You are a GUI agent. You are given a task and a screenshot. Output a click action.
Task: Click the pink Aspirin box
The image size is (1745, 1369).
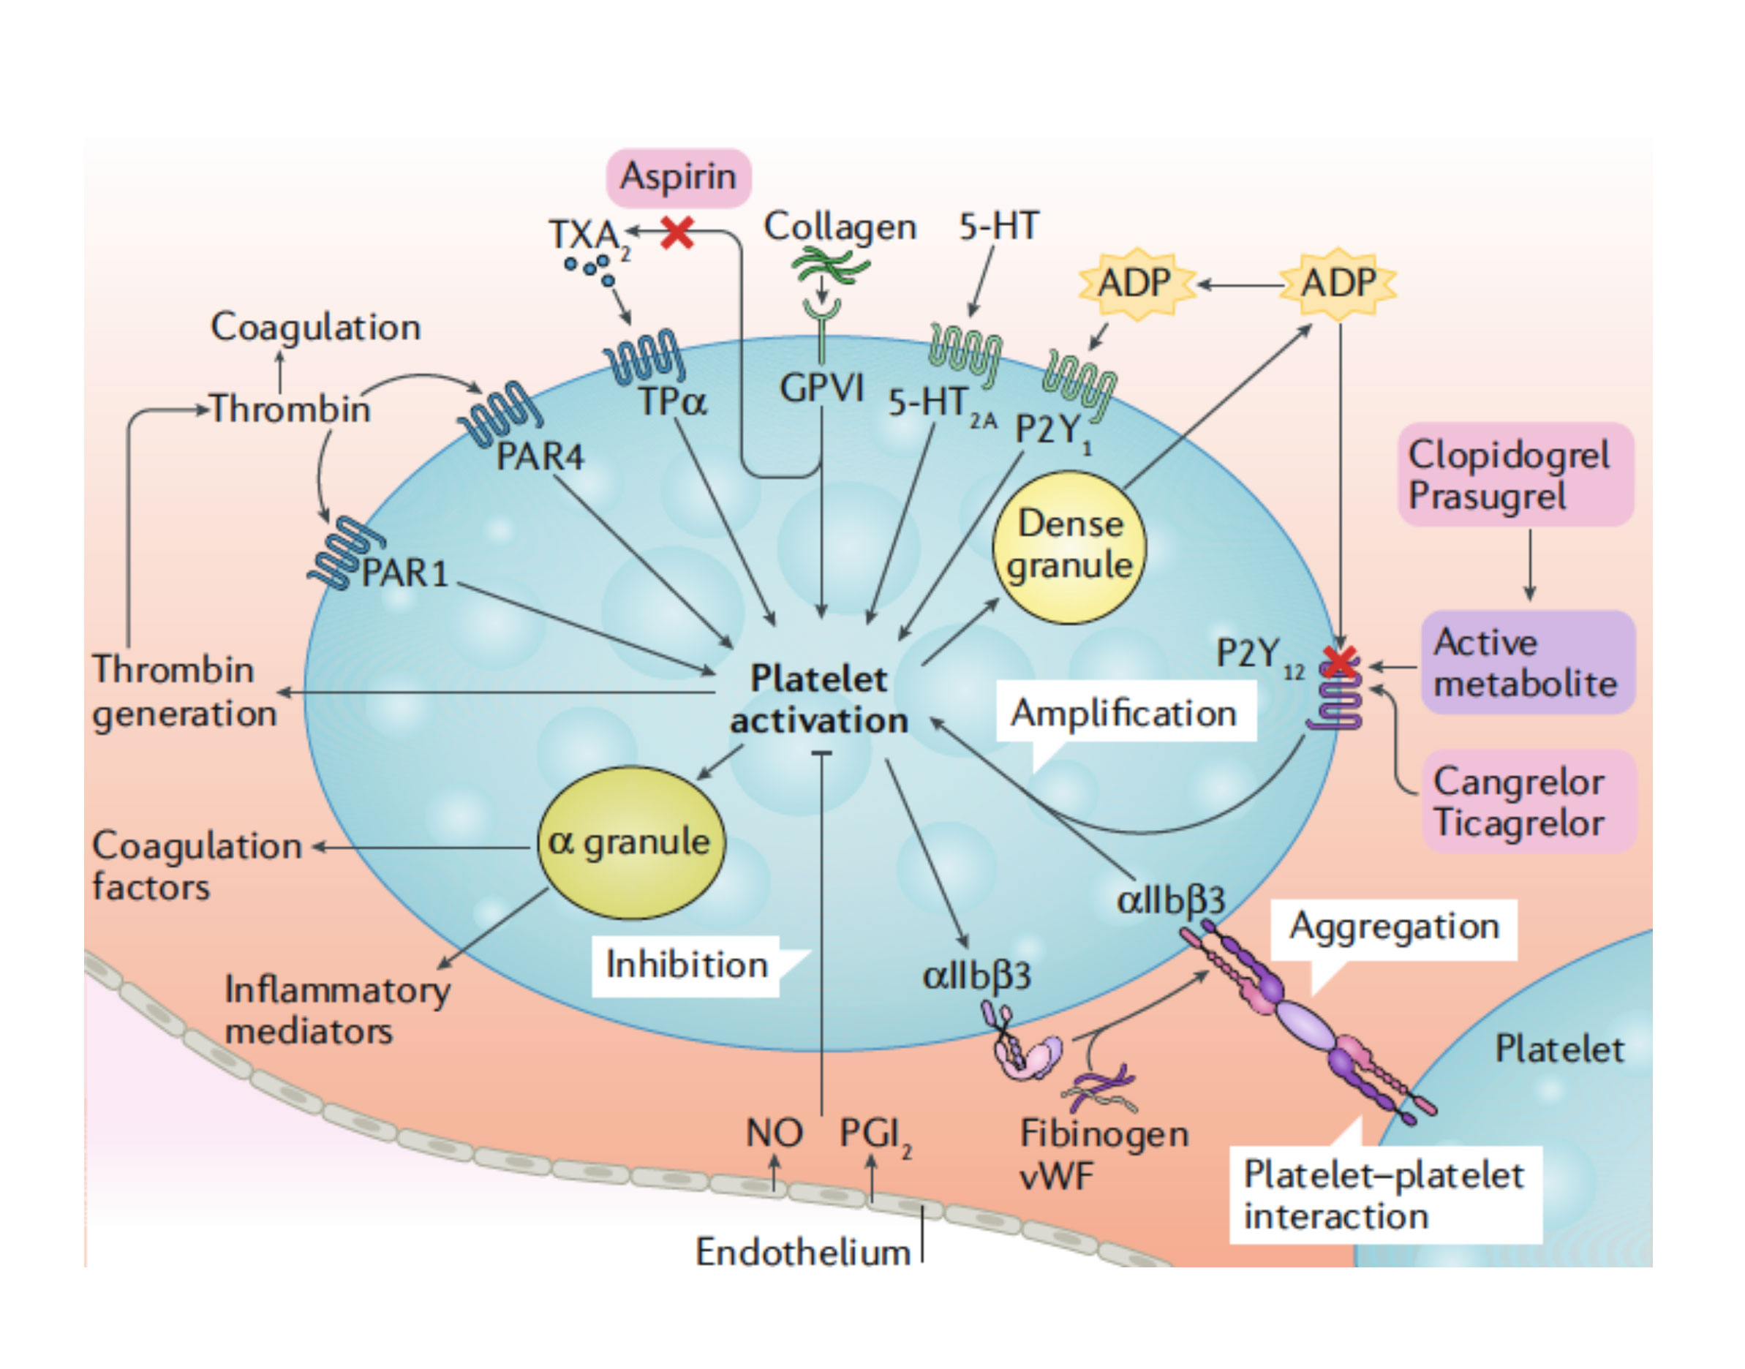pos(678,177)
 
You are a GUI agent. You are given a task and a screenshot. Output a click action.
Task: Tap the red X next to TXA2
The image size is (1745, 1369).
pos(677,233)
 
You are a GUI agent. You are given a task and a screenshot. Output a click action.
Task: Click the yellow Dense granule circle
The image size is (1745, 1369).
pos(1069,546)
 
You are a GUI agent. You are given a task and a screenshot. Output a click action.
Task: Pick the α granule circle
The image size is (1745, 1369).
pos(630,842)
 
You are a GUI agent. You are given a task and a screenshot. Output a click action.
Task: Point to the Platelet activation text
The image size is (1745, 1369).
pos(818,700)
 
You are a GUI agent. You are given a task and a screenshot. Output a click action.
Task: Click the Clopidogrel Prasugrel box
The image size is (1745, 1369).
pos(1514,475)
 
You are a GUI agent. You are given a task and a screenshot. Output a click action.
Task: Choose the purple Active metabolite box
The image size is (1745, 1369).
pos(1527,663)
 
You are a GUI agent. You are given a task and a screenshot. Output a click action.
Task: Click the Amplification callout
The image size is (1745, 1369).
pos(1125,712)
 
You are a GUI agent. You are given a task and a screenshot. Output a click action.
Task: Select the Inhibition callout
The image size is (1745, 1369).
pos(687,965)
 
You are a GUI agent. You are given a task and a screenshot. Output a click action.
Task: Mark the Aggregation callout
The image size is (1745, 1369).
pos(1394,927)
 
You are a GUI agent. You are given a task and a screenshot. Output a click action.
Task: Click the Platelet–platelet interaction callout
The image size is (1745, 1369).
pos(1384,1195)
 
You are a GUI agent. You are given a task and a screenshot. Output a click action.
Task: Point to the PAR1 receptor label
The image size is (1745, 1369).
pos(404,574)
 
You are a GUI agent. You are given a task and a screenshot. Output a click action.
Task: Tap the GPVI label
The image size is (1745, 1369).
pos(821,389)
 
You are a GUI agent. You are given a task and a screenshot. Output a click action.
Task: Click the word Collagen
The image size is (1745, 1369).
pos(840,227)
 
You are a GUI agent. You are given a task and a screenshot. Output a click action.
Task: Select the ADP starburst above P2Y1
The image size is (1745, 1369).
pos(1135,283)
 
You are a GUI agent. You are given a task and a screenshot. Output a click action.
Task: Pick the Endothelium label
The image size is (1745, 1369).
pos(802,1252)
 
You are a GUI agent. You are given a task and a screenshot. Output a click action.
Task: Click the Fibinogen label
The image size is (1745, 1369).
pos(1104,1134)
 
